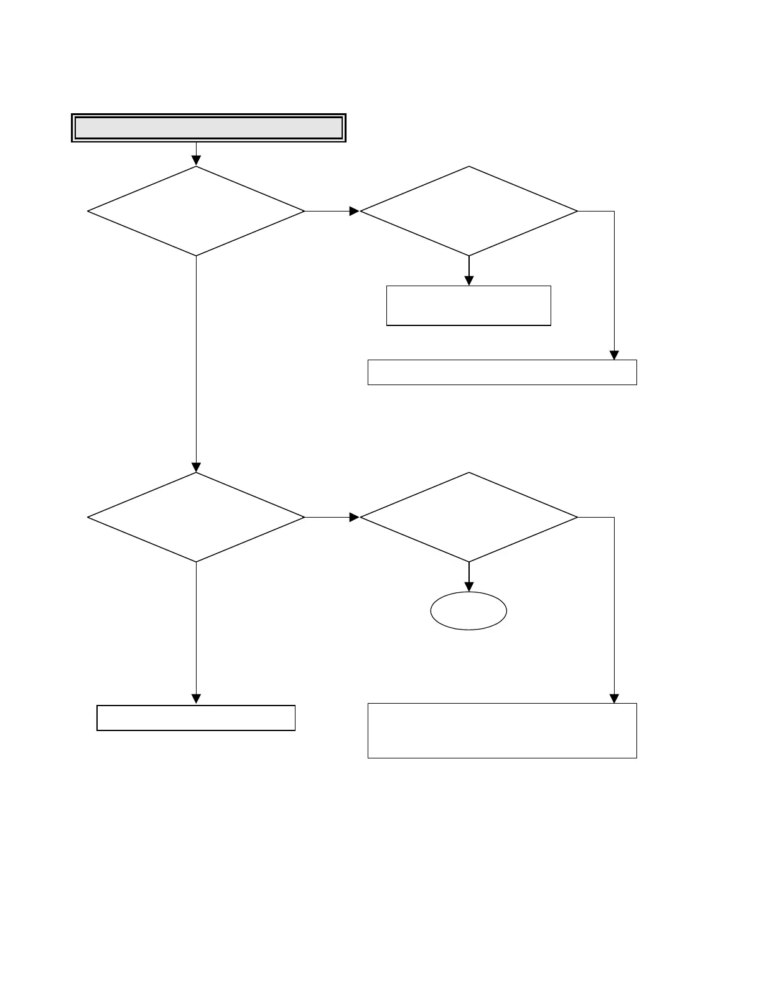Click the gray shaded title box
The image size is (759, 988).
point(208,128)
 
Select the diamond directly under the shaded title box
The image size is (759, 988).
point(196,211)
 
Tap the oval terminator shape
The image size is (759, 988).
point(468,611)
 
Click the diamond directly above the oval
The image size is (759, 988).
point(468,517)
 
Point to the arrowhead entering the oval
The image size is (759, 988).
point(468,587)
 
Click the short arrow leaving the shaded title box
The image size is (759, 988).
point(196,153)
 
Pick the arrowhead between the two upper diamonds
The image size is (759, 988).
point(355,211)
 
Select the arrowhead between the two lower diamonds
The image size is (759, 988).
point(355,517)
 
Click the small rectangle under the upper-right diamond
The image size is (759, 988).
point(468,305)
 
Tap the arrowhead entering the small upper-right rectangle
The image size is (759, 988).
point(468,281)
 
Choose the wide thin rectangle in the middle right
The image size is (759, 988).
point(502,372)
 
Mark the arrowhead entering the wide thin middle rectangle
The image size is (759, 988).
point(614,355)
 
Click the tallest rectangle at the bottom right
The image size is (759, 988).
point(502,730)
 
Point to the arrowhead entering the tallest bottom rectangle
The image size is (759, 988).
point(614,699)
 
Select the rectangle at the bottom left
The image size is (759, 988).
point(196,718)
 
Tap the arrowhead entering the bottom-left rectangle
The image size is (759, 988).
point(196,699)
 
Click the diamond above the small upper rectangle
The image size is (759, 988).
point(468,211)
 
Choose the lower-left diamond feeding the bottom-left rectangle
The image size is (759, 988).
point(196,517)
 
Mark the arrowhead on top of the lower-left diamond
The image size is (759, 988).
point(196,467)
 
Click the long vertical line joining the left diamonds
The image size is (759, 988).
point(196,361)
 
